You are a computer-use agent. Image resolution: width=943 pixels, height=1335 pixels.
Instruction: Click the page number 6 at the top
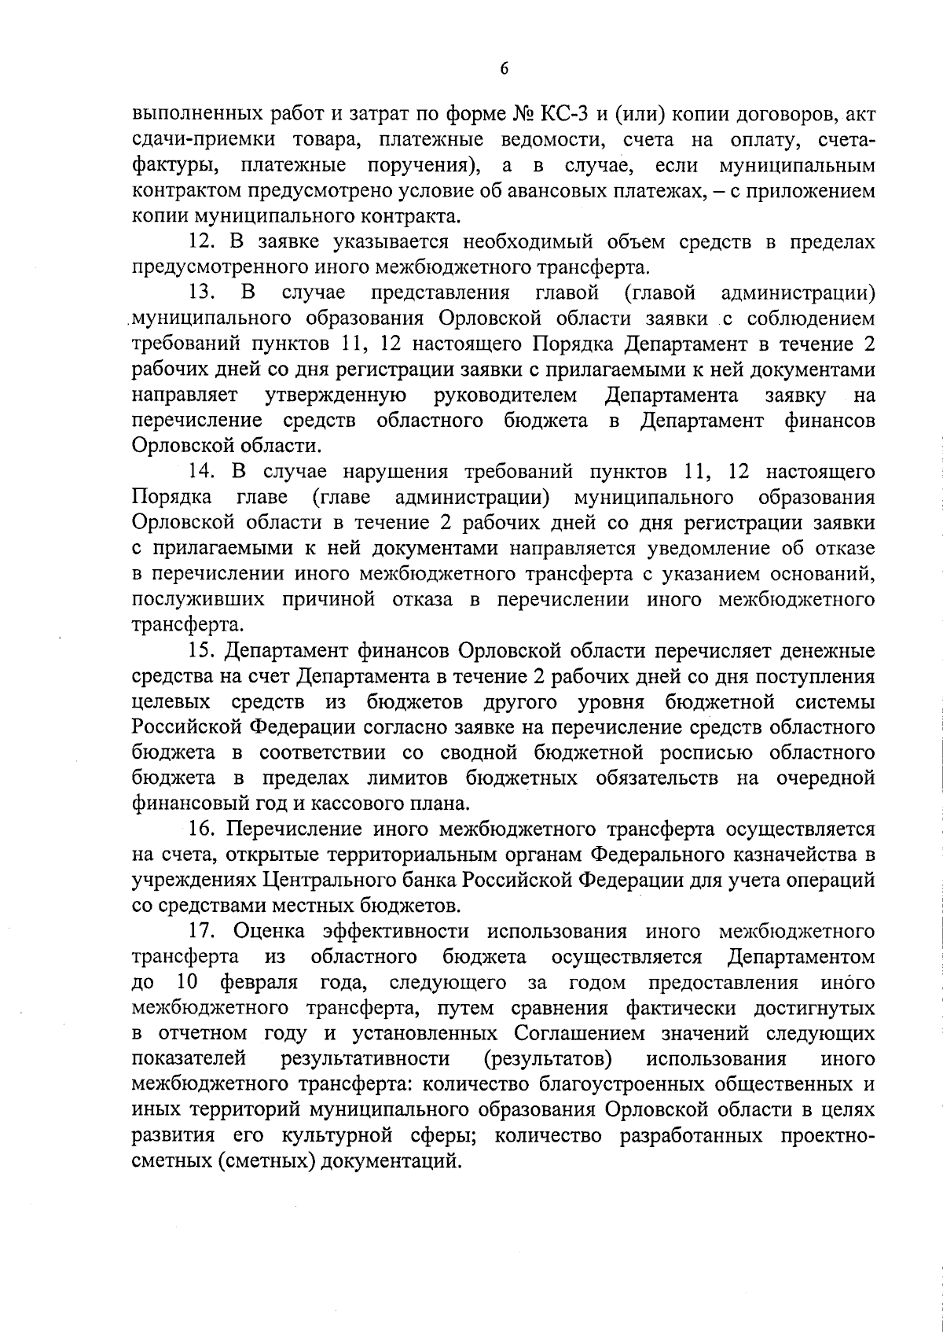504,69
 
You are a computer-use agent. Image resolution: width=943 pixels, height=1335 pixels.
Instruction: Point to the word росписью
706,752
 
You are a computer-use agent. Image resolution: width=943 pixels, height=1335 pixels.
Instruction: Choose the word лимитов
402,778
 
